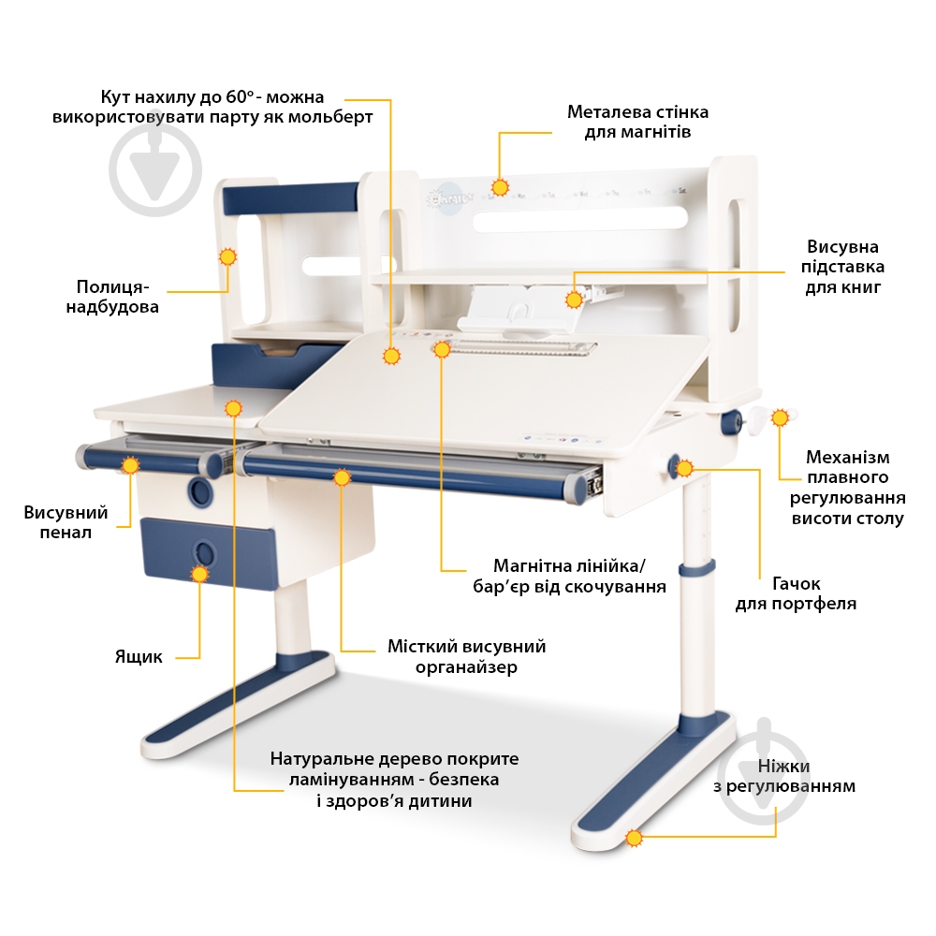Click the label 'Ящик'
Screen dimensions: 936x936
[x=139, y=657]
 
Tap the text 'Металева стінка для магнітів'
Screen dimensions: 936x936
[x=637, y=121]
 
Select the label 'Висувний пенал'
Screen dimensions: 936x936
[x=66, y=521]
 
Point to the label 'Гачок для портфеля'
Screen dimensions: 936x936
[x=796, y=592]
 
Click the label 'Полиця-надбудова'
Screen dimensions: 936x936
[x=112, y=297]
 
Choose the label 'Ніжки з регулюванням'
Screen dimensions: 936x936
[x=783, y=775]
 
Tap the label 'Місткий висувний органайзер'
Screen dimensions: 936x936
[x=466, y=656]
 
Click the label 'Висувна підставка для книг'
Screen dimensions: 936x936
[x=842, y=267]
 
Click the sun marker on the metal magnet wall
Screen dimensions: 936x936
[x=500, y=187]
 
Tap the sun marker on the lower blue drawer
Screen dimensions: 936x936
[x=199, y=575]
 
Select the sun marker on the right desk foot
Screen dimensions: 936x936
[x=634, y=838]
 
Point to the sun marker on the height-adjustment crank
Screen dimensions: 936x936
[x=780, y=417]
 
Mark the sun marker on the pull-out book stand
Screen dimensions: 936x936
[x=574, y=300]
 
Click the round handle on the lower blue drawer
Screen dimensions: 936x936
[x=203, y=553]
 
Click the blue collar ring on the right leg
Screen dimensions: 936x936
[x=696, y=568]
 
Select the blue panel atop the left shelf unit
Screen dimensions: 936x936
[x=290, y=198]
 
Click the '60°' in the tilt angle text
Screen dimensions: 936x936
[x=241, y=96]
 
